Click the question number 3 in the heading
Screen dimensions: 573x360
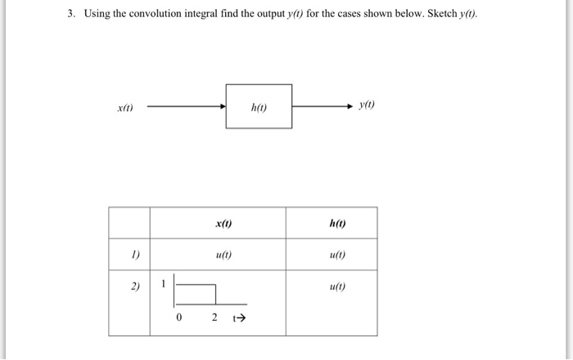(71, 14)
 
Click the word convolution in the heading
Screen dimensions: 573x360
(155, 14)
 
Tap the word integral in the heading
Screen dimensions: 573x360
(201, 14)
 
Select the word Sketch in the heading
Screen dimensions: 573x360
(442, 14)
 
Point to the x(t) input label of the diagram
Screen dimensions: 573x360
(125, 108)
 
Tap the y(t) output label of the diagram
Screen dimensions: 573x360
(367, 105)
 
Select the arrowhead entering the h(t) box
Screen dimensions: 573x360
(223, 106)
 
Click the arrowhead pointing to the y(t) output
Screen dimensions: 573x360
(350, 106)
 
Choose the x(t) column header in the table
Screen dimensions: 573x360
(223, 223)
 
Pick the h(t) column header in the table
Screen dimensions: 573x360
(337, 223)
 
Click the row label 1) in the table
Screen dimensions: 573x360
(136, 254)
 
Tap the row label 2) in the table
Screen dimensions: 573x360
(135, 286)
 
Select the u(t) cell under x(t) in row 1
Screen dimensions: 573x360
(223, 254)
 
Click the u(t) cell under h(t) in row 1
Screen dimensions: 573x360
(337, 254)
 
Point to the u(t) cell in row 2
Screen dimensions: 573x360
(337, 286)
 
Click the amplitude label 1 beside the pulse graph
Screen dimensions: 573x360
(164, 283)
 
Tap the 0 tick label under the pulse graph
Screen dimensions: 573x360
(178, 317)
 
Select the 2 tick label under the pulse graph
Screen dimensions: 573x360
(214, 317)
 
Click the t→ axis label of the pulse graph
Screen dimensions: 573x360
(239, 318)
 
